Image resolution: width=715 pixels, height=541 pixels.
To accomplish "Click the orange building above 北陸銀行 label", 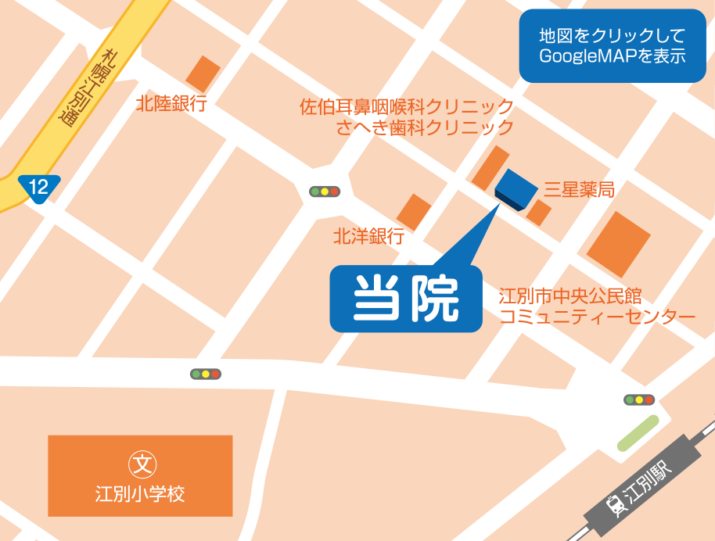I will [203, 73].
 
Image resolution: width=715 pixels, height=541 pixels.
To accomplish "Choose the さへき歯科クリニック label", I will [425, 127].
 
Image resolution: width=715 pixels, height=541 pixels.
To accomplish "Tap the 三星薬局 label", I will [579, 189].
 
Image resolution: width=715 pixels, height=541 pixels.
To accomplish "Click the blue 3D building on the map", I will [516, 189].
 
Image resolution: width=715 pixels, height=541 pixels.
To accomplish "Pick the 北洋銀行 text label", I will [368, 235].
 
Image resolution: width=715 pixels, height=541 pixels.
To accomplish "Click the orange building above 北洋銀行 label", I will [414, 211].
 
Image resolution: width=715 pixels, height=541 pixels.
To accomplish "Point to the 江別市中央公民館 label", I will [570, 297].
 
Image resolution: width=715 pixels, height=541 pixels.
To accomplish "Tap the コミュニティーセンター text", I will [598, 317].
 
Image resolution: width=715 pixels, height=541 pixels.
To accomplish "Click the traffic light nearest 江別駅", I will [639, 400].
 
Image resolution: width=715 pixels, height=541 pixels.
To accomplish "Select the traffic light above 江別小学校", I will [206, 374].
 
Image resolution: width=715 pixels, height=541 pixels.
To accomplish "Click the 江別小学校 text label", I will [140, 494].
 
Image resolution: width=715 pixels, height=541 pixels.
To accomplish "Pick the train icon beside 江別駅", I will [617, 504].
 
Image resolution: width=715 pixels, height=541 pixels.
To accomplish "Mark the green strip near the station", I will [638, 433].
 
